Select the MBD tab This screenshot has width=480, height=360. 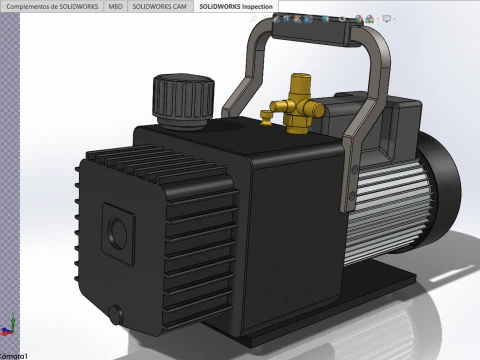pos(116,6)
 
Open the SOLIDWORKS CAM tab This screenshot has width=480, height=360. pos(161,6)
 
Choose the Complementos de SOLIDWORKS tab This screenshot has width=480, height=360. pos(51,6)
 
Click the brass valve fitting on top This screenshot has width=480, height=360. pos(296,105)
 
